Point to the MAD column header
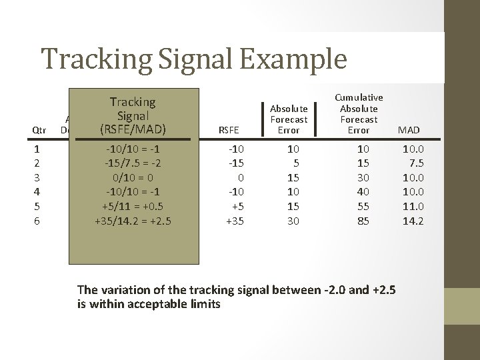point(408,130)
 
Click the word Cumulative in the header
point(359,97)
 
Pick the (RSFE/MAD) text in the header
point(132,128)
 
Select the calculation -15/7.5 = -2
point(132,163)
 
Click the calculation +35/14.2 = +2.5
point(132,221)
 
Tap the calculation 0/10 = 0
point(132,177)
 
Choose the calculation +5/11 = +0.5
point(132,206)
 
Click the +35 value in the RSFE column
point(235,221)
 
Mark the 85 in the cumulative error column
point(363,221)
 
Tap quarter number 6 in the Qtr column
point(37,221)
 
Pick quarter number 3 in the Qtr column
point(37,177)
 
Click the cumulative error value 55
point(363,206)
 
